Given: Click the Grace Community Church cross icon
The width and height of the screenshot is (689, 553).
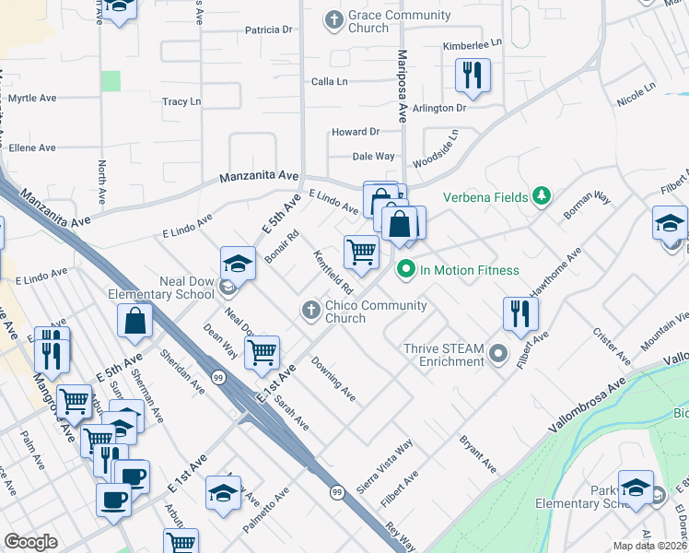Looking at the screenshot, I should coord(333,18).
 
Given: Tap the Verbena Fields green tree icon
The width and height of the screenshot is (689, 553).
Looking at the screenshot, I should coord(543,196).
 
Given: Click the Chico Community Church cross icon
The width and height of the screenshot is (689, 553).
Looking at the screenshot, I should coord(311,312).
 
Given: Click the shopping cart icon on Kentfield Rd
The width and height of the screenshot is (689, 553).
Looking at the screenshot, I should coord(361,251).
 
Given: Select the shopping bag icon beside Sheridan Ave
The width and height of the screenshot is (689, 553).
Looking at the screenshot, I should coord(134,321).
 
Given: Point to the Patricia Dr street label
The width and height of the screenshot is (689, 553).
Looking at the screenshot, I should coord(268,29).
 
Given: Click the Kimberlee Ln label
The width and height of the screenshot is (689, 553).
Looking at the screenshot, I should coord(471,42).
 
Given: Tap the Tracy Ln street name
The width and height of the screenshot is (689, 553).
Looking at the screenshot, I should coord(181,101).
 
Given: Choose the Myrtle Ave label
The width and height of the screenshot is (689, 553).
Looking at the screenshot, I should coord(32,98).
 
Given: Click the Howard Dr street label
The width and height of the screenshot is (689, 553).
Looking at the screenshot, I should coord(356,132).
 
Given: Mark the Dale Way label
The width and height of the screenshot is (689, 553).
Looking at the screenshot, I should coord(373,157).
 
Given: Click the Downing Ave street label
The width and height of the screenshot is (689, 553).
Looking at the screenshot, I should coord(333,380).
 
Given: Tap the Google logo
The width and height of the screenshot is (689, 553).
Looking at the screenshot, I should coord(31,542).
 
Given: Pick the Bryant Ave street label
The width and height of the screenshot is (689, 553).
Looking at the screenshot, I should coord(478,455).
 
